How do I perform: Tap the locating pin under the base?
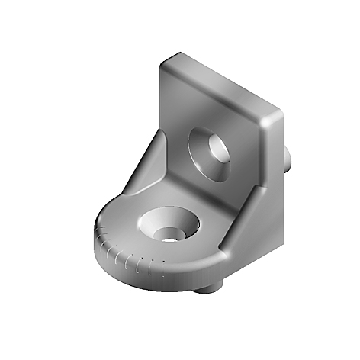(212, 287)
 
